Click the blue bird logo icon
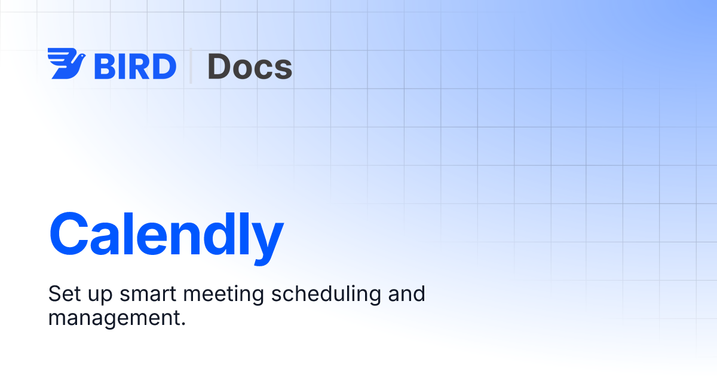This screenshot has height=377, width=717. [x=66, y=63]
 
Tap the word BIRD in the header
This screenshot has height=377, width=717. [x=135, y=66]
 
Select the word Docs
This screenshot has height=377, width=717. [x=250, y=66]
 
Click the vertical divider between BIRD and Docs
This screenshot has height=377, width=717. [x=191, y=66]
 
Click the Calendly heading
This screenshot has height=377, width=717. [x=167, y=238]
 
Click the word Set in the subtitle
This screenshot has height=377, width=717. [x=65, y=294]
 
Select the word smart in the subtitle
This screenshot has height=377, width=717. [x=148, y=294]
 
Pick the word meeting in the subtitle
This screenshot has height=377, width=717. [x=223, y=295]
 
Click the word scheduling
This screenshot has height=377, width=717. [x=326, y=294]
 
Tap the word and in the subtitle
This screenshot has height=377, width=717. [x=406, y=293]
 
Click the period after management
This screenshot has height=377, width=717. [x=183, y=324]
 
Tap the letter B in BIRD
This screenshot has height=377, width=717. [x=104, y=66]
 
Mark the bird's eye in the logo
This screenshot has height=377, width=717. [x=81, y=56]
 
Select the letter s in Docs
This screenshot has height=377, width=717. [x=283, y=69]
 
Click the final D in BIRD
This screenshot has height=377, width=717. [x=164, y=66]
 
